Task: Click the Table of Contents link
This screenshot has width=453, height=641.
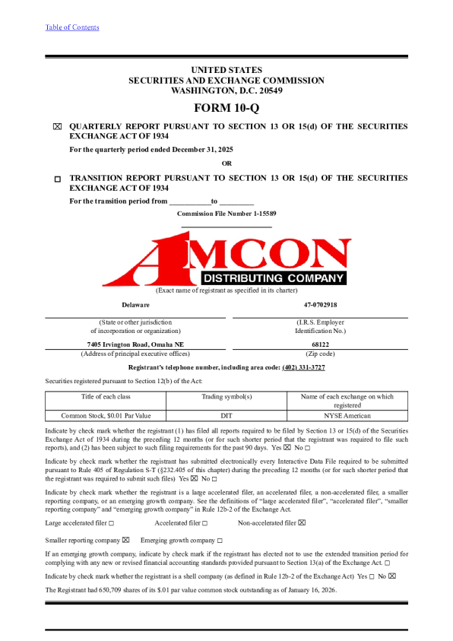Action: pyautogui.click(x=71, y=27)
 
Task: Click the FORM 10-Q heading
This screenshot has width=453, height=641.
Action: pyautogui.click(x=226, y=108)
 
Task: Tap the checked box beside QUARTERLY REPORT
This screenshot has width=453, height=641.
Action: pyautogui.click(x=57, y=127)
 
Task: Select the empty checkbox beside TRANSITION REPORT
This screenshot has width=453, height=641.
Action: pyautogui.click(x=57, y=179)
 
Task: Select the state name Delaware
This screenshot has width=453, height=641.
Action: pyautogui.click(x=135, y=304)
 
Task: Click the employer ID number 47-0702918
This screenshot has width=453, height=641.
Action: pyautogui.click(x=320, y=304)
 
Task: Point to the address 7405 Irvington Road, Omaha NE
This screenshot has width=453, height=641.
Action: pyautogui.click(x=135, y=344)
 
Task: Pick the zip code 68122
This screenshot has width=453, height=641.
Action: pyautogui.click(x=320, y=344)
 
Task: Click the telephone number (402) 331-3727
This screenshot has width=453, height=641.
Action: pyautogui.click(x=303, y=367)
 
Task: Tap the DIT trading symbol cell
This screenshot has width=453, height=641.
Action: pyautogui.click(x=226, y=416)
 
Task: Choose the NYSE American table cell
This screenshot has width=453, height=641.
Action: pyautogui.click(x=347, y=416)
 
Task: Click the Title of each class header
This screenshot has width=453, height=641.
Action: pyautogui.click(x=106, y=396)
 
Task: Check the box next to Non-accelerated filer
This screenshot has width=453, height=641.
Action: pyautogui.click(x=302, y=523)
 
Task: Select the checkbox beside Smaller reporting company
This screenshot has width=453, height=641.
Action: pyautogui.click(x=126, y=540)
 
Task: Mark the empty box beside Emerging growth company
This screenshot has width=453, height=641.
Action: pyautogui.click(x=220, y=540)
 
